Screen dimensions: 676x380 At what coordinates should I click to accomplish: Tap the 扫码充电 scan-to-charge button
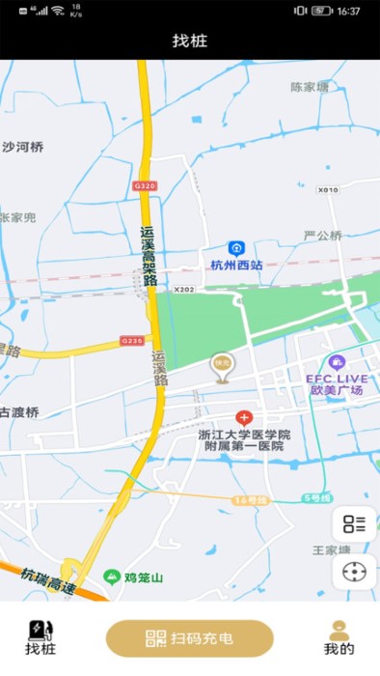click(x=190, y=637)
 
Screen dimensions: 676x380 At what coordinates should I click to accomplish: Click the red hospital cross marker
click(x=244, y=418)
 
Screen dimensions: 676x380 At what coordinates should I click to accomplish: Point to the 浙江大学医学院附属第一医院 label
click(x=244, y=440)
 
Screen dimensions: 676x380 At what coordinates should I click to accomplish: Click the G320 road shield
click(x=145, y=185)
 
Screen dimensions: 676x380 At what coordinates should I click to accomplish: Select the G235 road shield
click(x=132, y=340)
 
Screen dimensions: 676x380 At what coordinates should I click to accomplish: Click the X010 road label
click(x=328, y=190)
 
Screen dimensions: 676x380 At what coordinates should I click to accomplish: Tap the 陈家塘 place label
click(x=310, y=87)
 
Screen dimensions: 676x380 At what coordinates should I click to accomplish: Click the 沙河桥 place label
click(x=23, y=148)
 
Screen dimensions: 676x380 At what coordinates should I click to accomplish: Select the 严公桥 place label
click(x=322, y=235)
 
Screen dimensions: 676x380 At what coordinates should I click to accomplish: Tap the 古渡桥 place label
click(x=21, y=412)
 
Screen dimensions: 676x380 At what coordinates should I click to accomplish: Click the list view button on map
click(x=354, y=524)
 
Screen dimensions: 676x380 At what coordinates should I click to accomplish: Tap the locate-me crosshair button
click(x=354, y=572)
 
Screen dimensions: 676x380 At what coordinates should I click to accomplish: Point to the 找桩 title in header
click(x=190, y=41)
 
